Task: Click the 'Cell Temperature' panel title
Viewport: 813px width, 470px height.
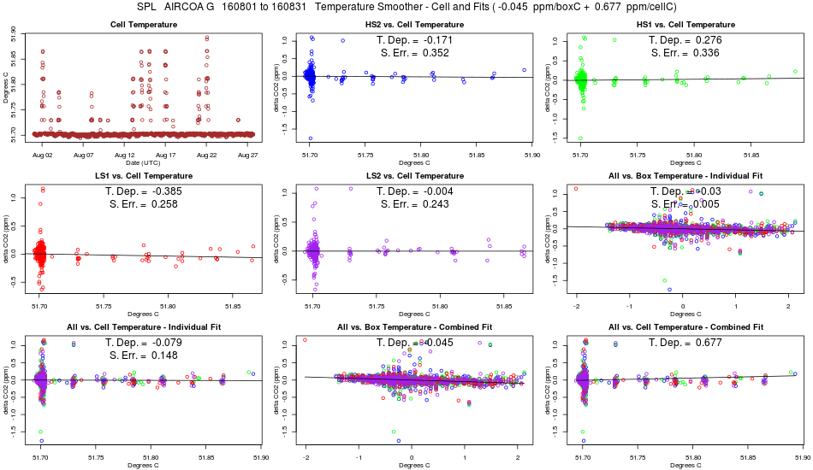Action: tap(144, 25)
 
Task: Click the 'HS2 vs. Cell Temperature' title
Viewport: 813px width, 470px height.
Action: tap(414, 25)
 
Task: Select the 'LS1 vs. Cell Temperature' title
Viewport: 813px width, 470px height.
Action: tap(144, 176)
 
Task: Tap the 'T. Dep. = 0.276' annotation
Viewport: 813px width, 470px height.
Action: tap(685, 40)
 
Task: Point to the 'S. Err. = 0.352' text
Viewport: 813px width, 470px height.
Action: tap(414, 53)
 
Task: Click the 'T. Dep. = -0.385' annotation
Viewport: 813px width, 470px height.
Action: tap(144, 191)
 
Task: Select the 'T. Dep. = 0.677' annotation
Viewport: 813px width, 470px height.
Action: tap(685, 343)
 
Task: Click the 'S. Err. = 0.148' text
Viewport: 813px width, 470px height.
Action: tap(144, 355)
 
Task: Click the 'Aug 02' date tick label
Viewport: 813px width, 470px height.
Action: tap(43, 156)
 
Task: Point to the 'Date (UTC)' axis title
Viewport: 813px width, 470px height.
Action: tap(144, 162)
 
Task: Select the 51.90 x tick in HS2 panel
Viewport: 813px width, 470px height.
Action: tap(531, 156)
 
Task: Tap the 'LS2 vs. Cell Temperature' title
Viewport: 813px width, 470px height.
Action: tap(414, 176)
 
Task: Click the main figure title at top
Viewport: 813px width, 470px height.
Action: tap(406, 8)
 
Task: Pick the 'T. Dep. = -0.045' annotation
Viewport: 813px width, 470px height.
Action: tap(414, 343)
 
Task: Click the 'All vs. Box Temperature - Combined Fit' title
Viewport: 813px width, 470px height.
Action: tap(414, 327)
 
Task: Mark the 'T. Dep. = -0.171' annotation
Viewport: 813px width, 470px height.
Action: tap(414, 40)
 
